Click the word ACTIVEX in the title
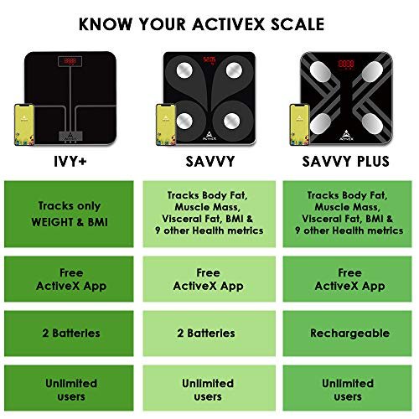click(229, 24)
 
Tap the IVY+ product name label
click(70, 162)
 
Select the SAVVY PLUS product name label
click(346, 162)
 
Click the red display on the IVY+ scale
click(70, 61)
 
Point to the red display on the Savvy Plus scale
click(346, 64)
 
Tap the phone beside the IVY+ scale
click(24, 125)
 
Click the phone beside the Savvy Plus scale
click(299, 125)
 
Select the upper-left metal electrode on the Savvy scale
click(184, 70)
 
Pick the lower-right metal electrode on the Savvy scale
click(232, 121)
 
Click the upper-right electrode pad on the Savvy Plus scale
click(372, 71)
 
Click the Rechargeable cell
click(347, 334)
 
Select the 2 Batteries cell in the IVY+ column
click(69, 334)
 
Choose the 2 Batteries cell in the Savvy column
click(209, 334)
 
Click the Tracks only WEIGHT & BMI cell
click(69, 214)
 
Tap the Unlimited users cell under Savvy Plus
click(347, 388)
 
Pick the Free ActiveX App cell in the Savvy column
click(209, 279)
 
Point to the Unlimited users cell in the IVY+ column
click(69, 388)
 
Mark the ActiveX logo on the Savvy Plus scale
click(346, 135)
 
